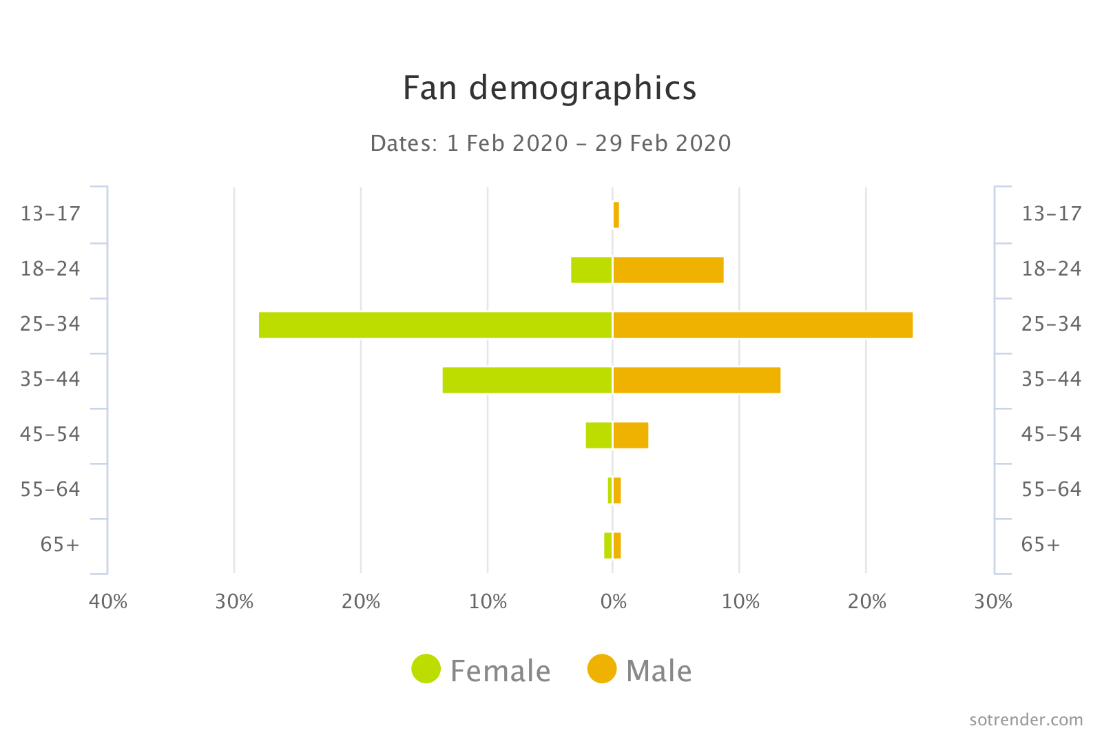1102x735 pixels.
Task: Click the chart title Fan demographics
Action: click(x=549, y=88)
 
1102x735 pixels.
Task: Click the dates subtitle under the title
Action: click(x=550, y=143)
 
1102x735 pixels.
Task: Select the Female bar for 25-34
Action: click(x=435, y=325)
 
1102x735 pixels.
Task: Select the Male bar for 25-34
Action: click(x=762, y=325)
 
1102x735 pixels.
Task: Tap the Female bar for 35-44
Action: click(x=527, y=380)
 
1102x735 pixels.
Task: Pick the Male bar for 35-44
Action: click(x=696, y=380)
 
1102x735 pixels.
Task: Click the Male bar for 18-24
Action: click(x=668, y=270)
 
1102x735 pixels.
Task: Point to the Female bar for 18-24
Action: click(x=591, y=270)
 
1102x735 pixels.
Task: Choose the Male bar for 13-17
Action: click(x=616, y=215)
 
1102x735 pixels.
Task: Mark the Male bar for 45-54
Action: click(x=630, y=435)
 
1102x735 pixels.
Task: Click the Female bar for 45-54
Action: click(x=599, y=435)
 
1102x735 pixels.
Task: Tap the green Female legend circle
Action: click(x=426, y=669)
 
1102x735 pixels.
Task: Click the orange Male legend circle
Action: click(x=601, y=669)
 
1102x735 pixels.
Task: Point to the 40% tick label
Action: click(x=108, y=602)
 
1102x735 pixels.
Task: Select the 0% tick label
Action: click(x=613, y=602)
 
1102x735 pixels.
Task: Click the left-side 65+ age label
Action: click(x=60, y=545)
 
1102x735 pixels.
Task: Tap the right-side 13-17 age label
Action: click(x=1051, y=214)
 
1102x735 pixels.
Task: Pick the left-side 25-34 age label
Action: click(x=50, y=324)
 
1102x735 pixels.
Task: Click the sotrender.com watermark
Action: click(x=1026, y=720)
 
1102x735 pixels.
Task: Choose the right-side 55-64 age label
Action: click(x=1051, y=490)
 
